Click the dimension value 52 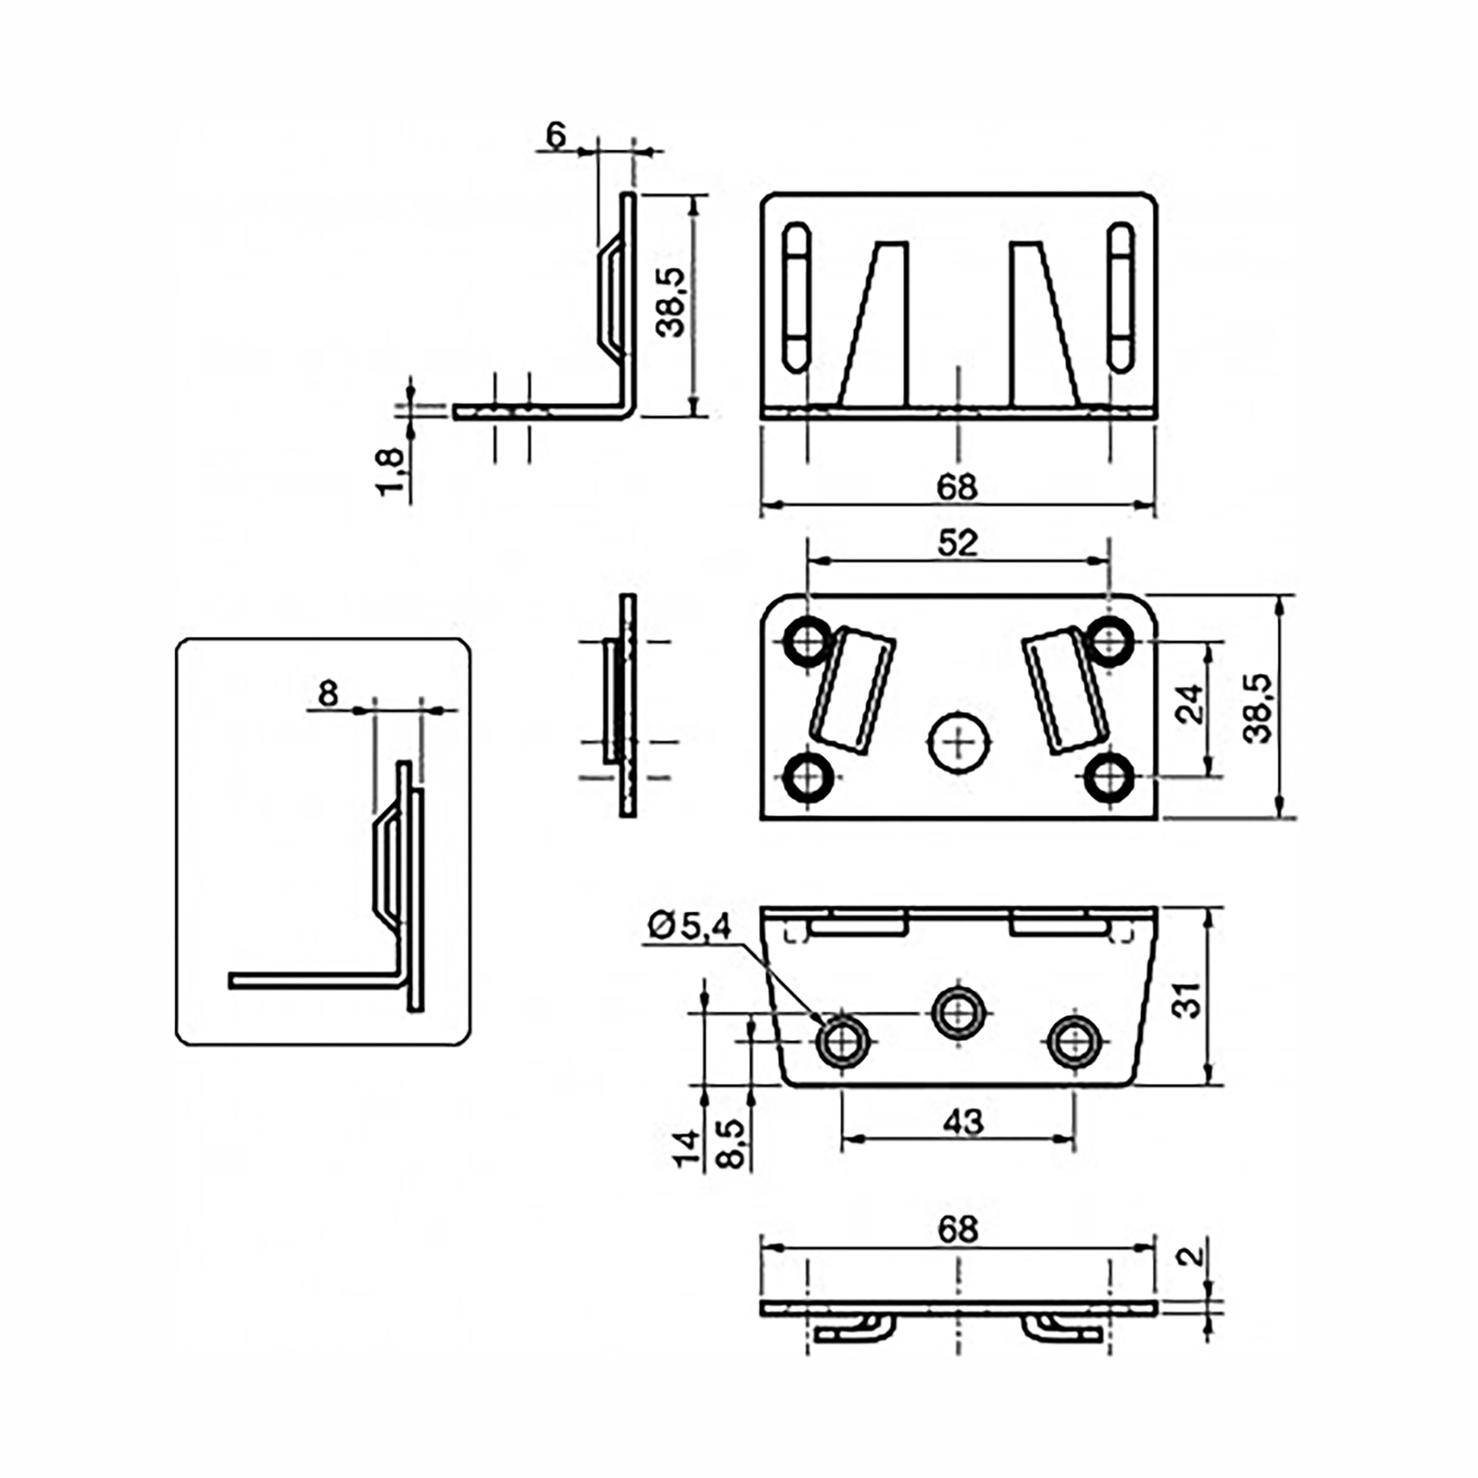pos(957,543)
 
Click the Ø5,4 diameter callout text pos(689,926)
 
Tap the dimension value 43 pos(962,1122)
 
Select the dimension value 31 pos(1187,999)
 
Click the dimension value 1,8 pos(390,472)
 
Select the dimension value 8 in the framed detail pos(328,694)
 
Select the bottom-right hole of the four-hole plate pos(1109,778)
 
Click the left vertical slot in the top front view pos(796,297)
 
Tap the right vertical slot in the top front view pos(1121,297)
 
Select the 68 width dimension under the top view pos(956,487)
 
